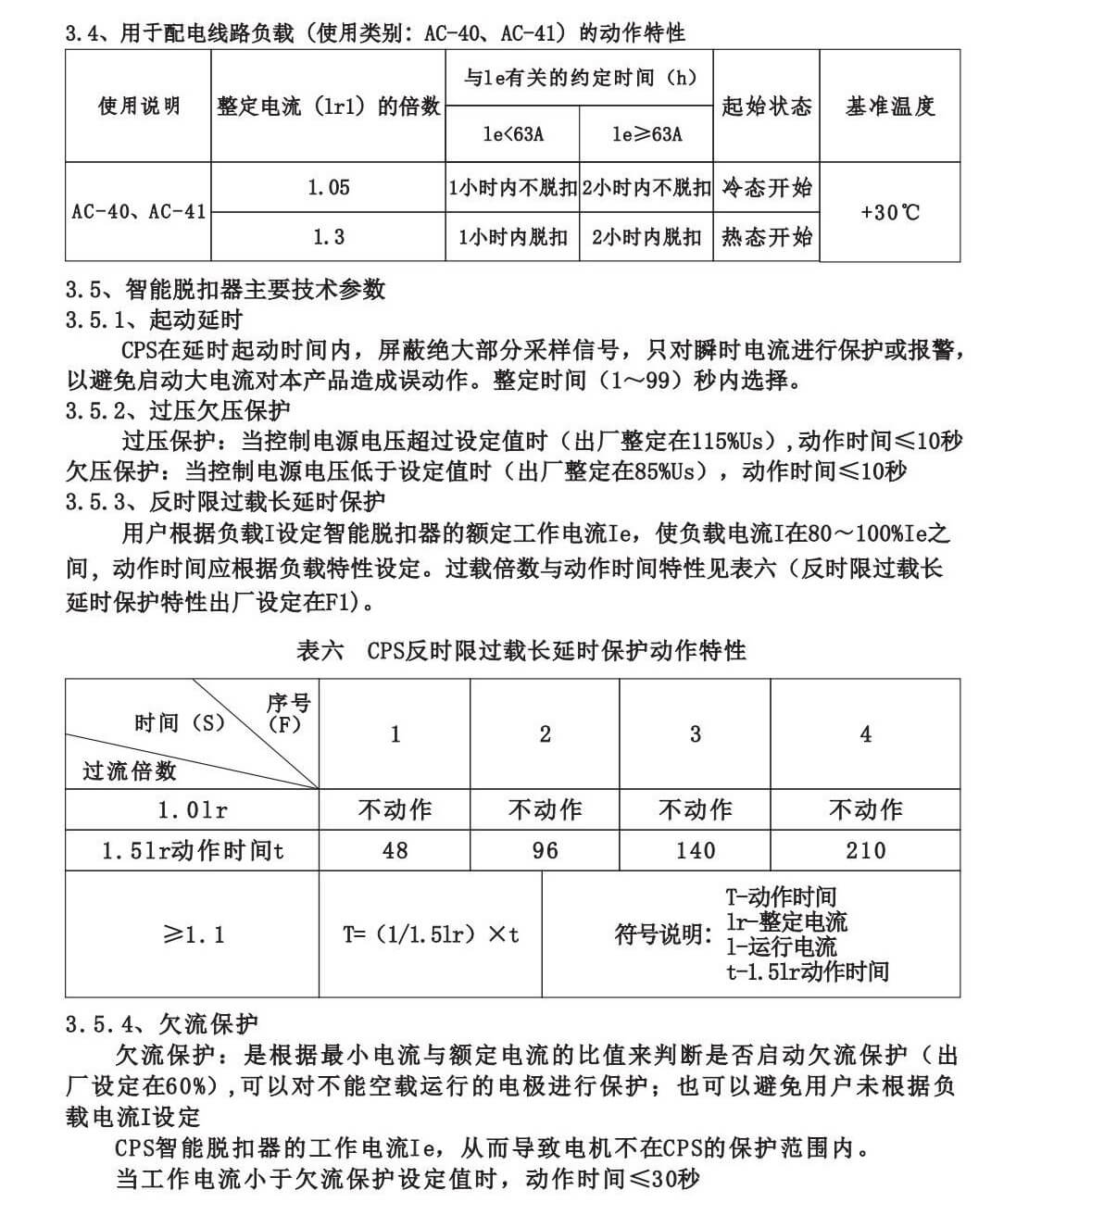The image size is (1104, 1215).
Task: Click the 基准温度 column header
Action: pos(889,106)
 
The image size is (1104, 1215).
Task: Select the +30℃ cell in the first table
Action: pos(889,212)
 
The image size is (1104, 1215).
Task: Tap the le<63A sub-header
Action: pos(513,134)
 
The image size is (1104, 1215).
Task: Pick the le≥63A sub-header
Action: pos(646,134)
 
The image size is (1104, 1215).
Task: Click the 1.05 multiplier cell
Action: pos(329,188)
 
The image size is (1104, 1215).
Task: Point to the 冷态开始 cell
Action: pos(766,188)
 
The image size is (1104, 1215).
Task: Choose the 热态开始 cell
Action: pos(766,237)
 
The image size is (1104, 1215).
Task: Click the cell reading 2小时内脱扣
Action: pos(646,237)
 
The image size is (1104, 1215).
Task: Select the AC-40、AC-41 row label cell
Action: pos(139,211)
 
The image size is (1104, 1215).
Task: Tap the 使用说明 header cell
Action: pos(139,106)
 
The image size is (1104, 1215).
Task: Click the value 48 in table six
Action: pos(395,850)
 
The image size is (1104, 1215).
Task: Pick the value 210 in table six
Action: pos(865,850)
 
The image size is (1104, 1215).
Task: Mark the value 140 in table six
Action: pos(695,850)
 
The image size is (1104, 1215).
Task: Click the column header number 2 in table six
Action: pos(545,734)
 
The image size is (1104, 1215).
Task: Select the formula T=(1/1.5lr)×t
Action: pos(431,934)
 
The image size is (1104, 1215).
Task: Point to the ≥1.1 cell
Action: pos(193,934)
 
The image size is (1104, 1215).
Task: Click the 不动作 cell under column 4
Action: pos(865,809)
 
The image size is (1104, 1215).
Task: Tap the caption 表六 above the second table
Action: pos(320,651)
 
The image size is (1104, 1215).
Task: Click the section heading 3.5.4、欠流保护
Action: pos(161,1023)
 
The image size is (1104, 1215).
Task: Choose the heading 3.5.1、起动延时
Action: pos(154,320)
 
